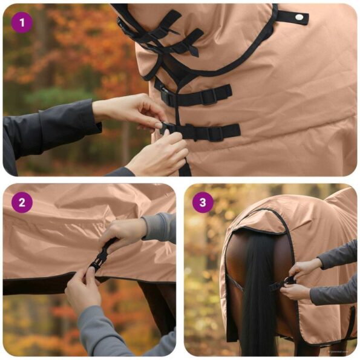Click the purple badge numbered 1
click(x=24, y=24)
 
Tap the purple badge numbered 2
click(x=22, y=202)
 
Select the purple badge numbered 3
click(x=203, y=202)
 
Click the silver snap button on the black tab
click(x=298, y=17)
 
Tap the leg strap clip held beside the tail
click(x=289, y=280)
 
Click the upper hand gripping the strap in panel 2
click(x=124, y=233)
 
